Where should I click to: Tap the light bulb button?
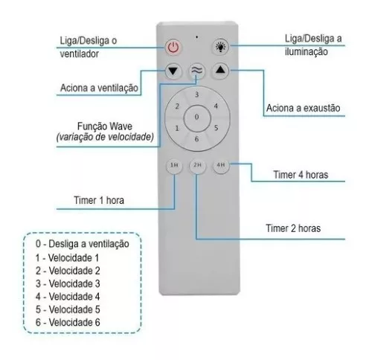pos(220,46)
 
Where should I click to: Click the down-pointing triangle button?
pos(173,71)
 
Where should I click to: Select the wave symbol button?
pos(197,71)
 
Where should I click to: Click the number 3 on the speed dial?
pos(197,94)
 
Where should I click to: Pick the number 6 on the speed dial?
pos(196,139)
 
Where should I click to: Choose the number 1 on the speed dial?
pos(177,128)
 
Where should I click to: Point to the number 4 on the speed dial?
pos(216,106)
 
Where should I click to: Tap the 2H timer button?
pos(197,165)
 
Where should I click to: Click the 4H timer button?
pos(221,165)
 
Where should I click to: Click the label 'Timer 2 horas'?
pos(293,228)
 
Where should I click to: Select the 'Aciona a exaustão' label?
pos(304,108)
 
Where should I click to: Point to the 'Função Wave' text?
pos(105,126)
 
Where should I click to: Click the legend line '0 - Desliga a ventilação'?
pos(83,244)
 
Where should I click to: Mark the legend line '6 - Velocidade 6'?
pos(68,322)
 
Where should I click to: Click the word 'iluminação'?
pos(306,52)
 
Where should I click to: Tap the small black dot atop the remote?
pos(197,37)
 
